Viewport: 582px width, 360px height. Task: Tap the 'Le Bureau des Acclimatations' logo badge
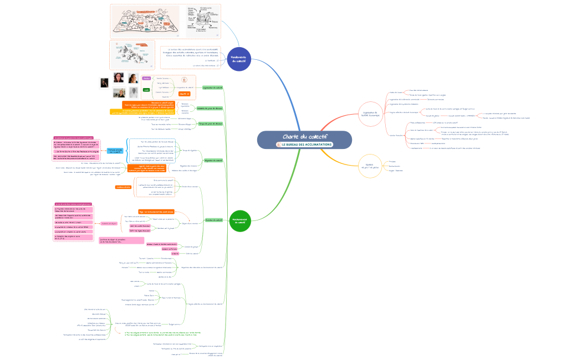click(x=304, y=145)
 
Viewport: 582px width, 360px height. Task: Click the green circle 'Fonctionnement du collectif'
click(x=240, y=220)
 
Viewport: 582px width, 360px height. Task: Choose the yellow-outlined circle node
click(x=370, y=166)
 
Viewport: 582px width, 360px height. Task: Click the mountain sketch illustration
click(x=132, y=55)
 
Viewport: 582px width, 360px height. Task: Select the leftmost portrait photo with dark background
click(x=104, y=83)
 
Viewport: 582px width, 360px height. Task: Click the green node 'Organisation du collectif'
click(x=213, y=88)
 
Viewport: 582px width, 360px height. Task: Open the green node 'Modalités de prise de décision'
click(x=210, y=109)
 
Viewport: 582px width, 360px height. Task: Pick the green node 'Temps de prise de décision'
click(x=210, y=123)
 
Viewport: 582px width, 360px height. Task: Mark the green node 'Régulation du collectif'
click(x=213, y=160)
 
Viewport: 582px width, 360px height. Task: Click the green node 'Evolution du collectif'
click(x=213, y=220)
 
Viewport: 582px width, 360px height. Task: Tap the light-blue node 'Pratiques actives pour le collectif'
click(x=115, y=150)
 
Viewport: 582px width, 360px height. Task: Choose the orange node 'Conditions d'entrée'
click(x=122, y=187)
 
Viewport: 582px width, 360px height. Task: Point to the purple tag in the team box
click(x=146, y=79)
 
